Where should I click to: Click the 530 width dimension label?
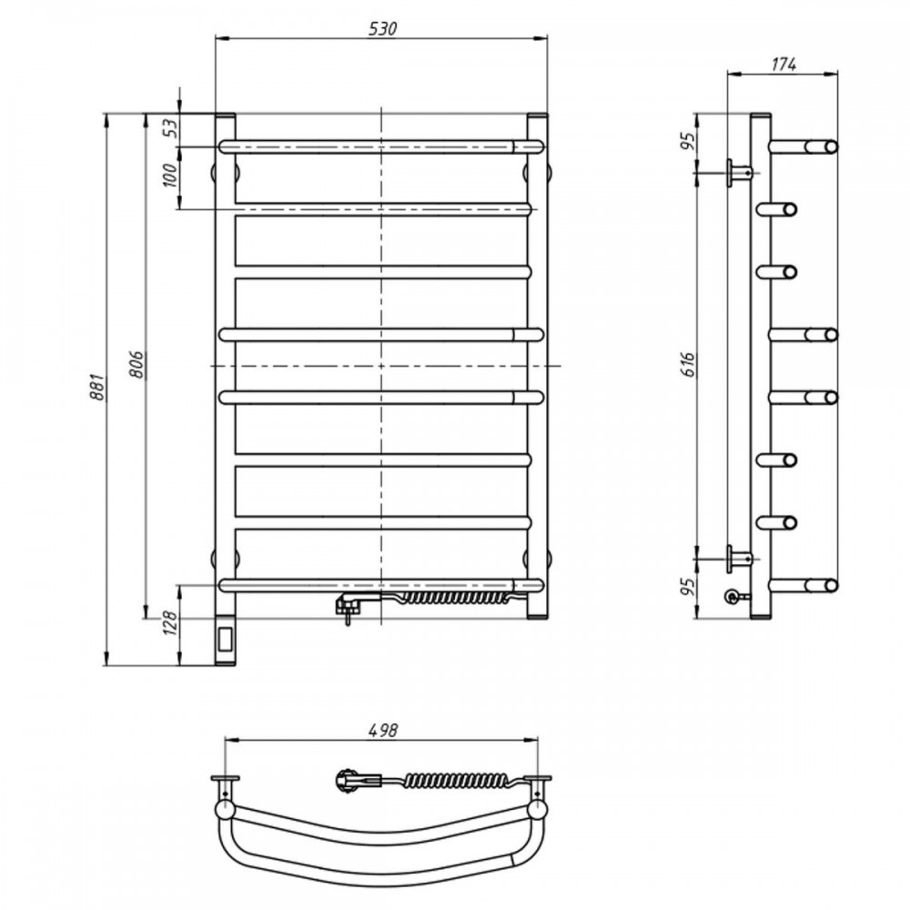tap(383, 28)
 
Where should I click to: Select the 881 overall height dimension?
tap(97, 387)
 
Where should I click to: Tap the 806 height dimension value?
tap(136, 365)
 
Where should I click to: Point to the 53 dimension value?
tap(171, 128)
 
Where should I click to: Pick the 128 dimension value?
tap(171, 622)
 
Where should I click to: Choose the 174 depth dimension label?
tap(784, 65)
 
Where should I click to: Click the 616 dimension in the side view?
tap(689, 364)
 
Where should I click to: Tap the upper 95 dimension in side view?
tap(688, 141)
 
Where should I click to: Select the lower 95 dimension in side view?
tap(688, 587)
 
